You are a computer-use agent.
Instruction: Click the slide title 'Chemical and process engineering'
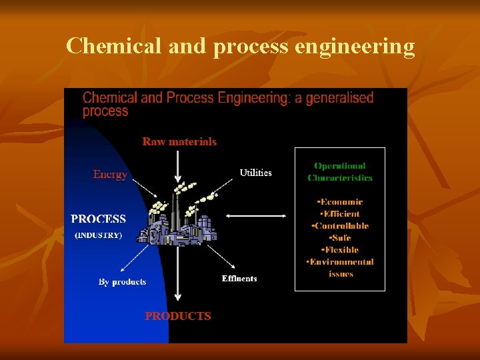[x=240, y=46]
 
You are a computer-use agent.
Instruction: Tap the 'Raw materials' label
[x=179, y=141]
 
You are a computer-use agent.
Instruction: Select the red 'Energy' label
[x=110, y=175]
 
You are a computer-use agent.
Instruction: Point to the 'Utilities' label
[x=255, y=173]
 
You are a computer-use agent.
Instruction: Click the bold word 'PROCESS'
[x=98, y=219]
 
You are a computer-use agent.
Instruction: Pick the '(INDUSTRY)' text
[x=98, y=235]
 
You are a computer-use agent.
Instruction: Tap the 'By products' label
[x=122, y=282]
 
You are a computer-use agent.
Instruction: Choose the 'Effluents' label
[x=239, y=279]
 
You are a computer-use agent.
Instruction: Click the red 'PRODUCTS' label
[x=178, y=316]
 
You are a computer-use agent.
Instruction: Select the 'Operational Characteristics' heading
[x=340, y=172]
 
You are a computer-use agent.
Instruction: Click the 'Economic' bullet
[x=340, y=202]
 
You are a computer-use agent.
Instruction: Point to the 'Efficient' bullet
[x=340, y=214]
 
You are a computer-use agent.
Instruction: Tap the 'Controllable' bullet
[x=340, y=226]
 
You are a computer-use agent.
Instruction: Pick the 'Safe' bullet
[x=340, y=238]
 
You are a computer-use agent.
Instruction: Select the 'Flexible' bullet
[x=340, y=250]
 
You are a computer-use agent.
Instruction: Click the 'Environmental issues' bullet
[x=340, y=267]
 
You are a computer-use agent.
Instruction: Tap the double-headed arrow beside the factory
[x=256, y=215]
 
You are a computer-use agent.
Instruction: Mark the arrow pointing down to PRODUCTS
[x=177, y=280]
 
